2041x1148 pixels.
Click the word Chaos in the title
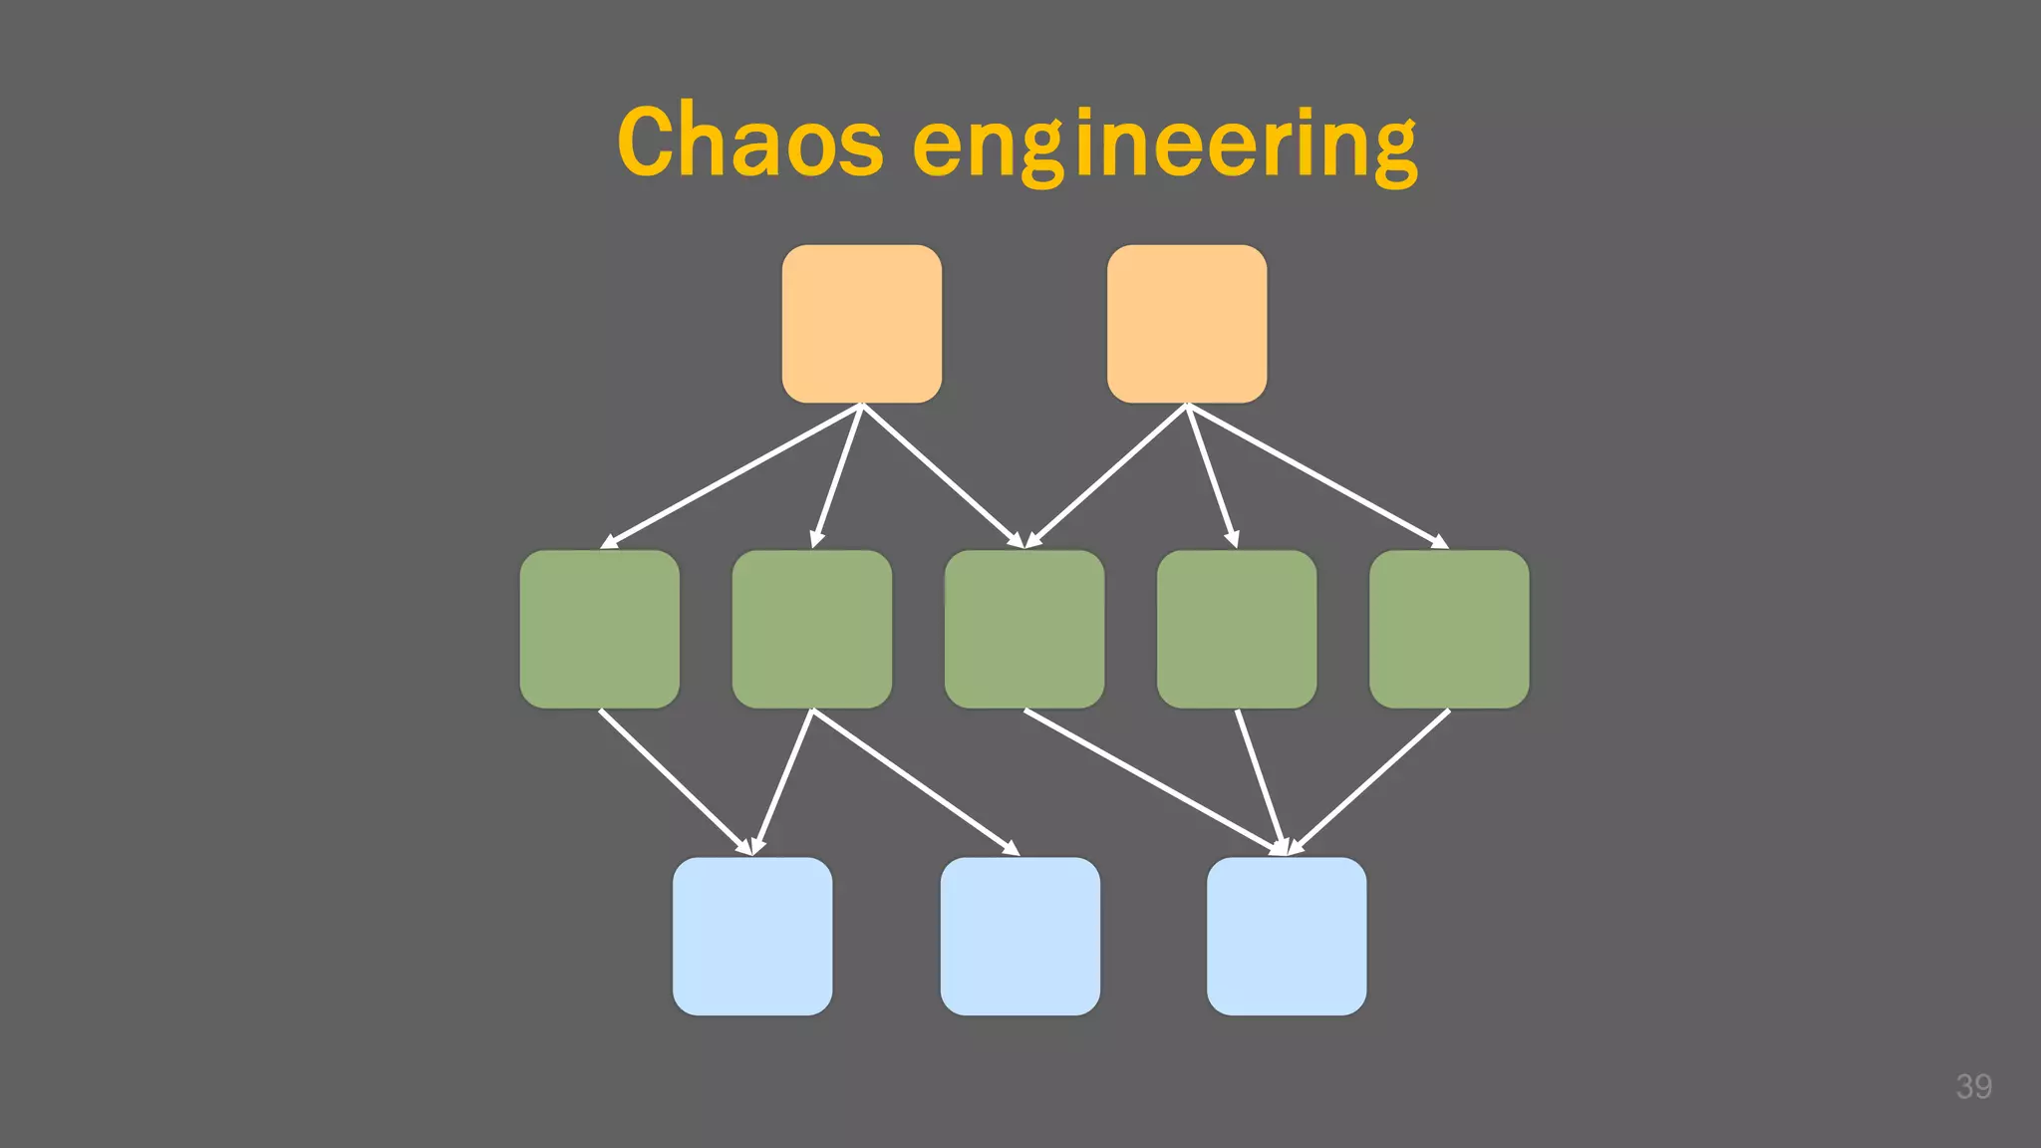749,142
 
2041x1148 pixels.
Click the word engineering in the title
1164,145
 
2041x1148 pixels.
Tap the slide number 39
1973,1086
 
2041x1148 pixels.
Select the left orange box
861,324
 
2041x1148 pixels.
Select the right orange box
1187,324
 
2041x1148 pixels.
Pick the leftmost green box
599,629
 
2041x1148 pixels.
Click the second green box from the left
811,629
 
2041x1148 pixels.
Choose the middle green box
1023,629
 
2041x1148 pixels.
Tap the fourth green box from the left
1236,629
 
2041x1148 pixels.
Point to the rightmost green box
1448,629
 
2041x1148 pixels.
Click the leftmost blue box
751,936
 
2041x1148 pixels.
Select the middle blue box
1020,936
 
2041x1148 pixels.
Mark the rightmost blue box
1286,936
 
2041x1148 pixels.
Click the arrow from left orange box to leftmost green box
730,475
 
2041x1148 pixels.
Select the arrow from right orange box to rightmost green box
1317,475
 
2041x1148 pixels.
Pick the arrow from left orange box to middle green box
942,475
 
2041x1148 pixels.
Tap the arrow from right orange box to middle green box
1106,475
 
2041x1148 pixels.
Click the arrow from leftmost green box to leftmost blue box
675,781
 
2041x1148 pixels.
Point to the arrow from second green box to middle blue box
915,781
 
